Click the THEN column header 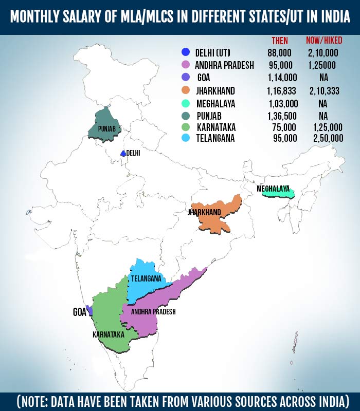pyautogui.click(x=280, y=41)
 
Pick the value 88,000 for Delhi pyautogui.click(x=280, y=52)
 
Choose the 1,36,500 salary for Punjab pyautogui.click(x=282, y=116)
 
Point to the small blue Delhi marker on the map pyautogui.click(x=123, y=154)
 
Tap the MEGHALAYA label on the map pyautogui.click(x=273, y=189)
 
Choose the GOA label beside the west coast pyautogui.click(x=79, y=312)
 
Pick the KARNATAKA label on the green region pyautogui.click(x=108, y=334)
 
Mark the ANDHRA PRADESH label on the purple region pyautogui.click(x=153, y=312)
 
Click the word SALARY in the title pyautogui.click(x=89, y=18)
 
